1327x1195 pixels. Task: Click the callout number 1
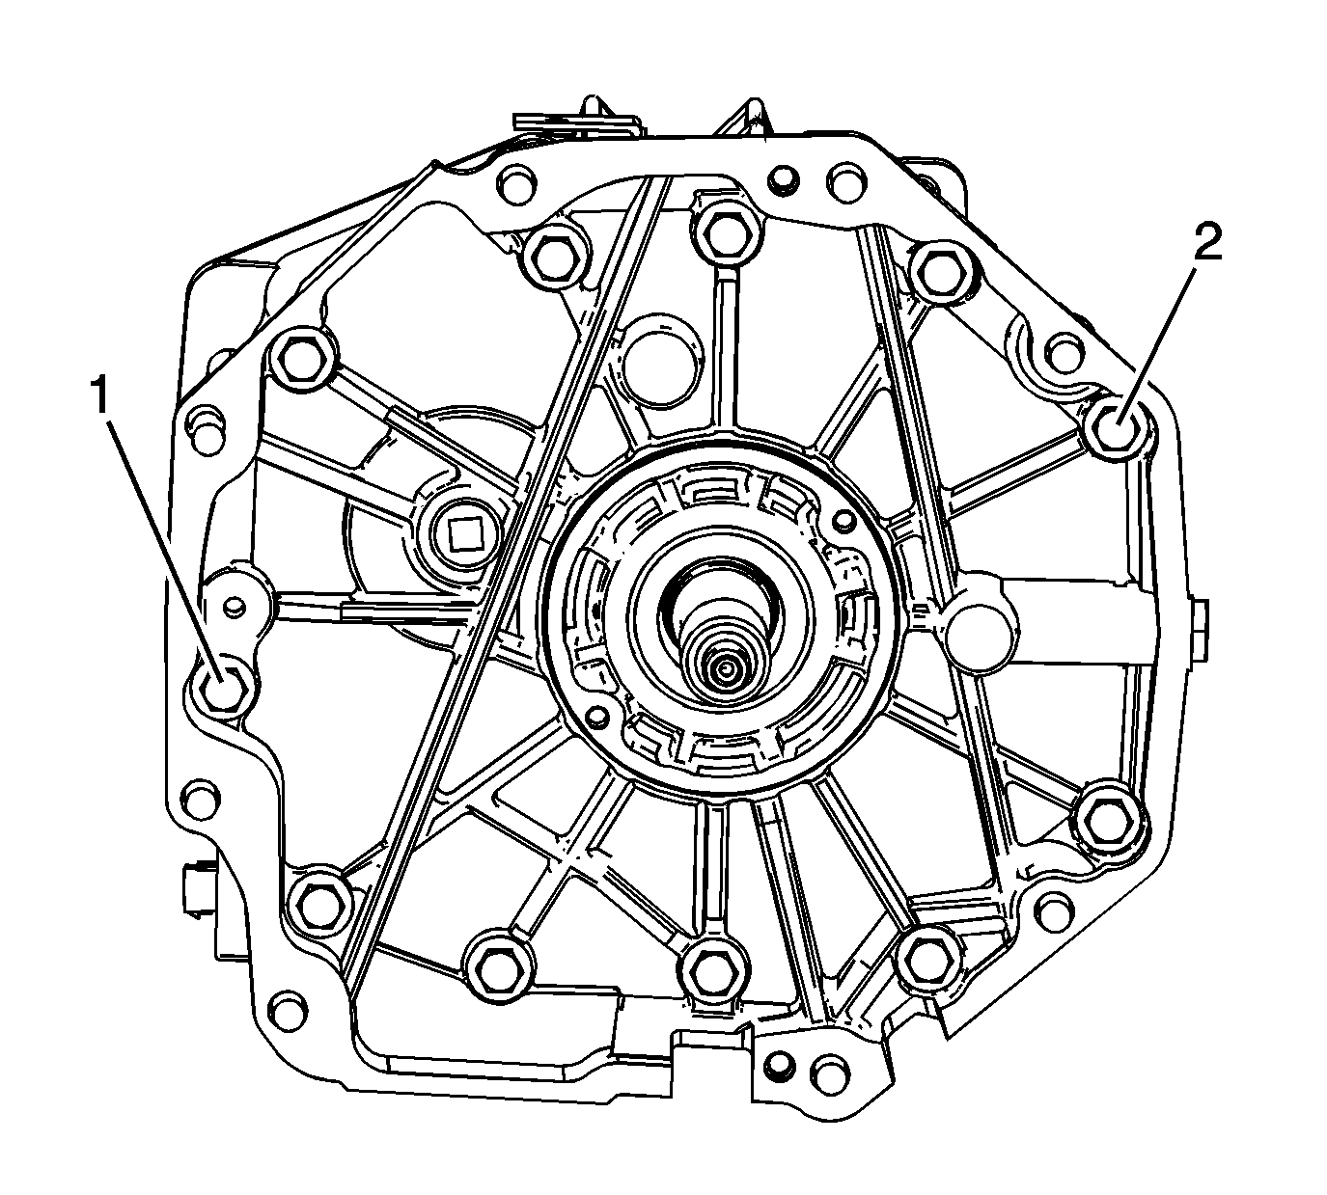(x=100, y=394)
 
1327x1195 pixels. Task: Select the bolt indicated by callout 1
(x=223, y=687)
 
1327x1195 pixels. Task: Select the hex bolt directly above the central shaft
(x=723, y=232)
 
